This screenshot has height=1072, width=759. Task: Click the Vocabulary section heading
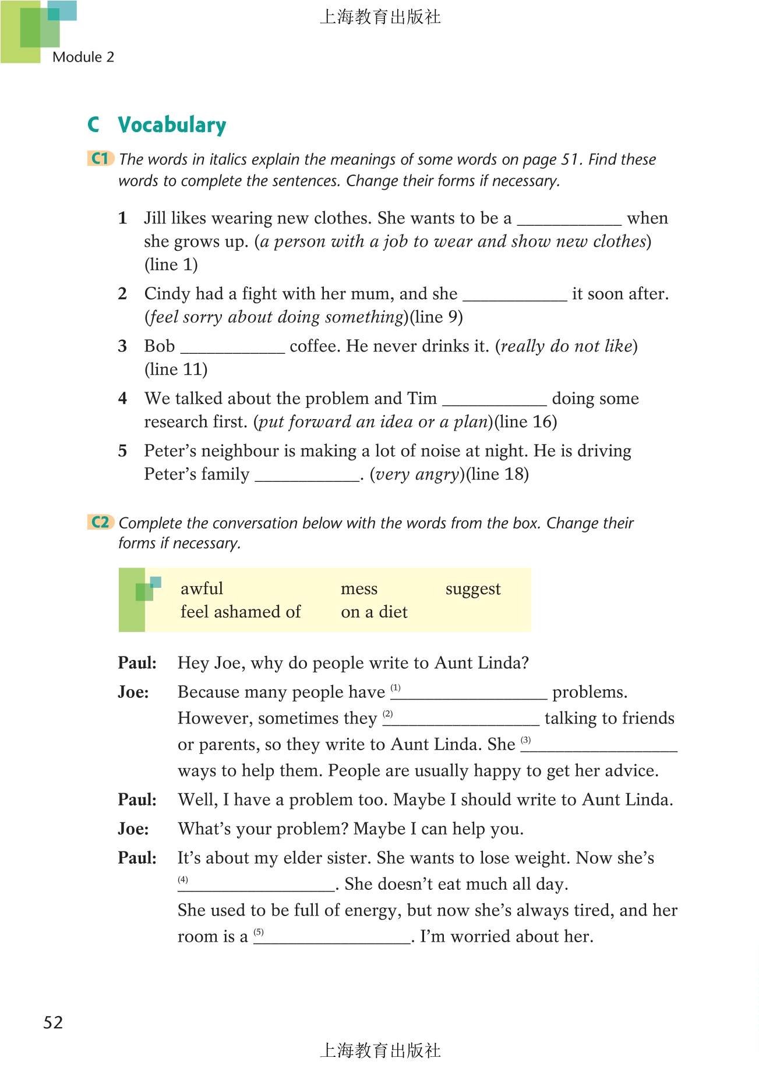(172, 125)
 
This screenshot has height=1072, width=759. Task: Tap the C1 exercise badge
(100, 158)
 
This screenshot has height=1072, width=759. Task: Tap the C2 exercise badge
(100, 522)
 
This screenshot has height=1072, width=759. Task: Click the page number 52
(53, 1023)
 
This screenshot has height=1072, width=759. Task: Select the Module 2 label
(83, 57)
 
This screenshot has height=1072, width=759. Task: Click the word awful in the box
(202, 589)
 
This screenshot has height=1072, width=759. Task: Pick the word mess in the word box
(359, 589)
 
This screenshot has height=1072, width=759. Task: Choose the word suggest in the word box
(472, 589)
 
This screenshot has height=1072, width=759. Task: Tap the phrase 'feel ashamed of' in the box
(240, 612)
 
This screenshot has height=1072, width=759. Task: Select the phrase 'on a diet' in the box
(374, 612)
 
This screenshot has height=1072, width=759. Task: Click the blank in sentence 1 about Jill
(569, 220)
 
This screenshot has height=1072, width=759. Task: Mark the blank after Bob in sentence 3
(232, 348)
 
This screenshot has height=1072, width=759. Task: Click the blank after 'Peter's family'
(307, 476)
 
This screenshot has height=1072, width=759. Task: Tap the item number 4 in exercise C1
(122, 399)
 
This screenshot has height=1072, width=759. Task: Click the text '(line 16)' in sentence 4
(526, 422)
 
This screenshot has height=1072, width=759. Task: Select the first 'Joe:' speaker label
(133, 692)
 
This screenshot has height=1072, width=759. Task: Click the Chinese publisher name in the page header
(380, 17)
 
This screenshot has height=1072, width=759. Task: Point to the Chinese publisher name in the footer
(380, 1050)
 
